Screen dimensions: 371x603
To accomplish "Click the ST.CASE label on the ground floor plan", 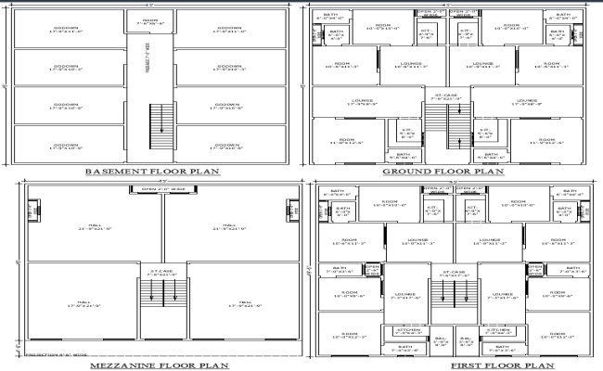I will coord(443,96).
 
